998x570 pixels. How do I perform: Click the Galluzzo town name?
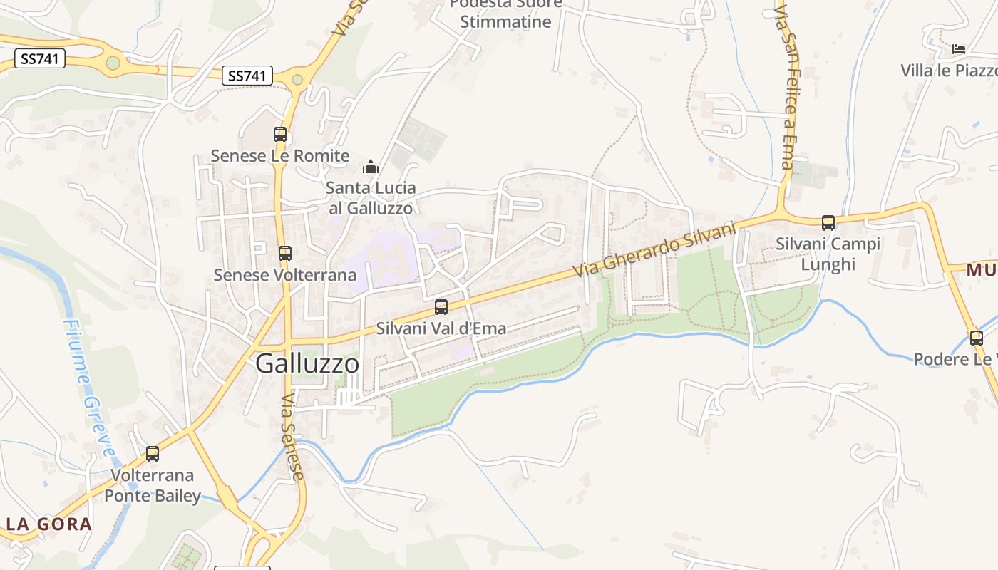[307, 363]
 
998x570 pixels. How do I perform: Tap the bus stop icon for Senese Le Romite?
[280, 134]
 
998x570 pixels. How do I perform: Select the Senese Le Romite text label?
[280, 156]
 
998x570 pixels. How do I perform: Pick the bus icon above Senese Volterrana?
[285, 253]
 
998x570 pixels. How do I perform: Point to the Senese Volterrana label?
[285, 275]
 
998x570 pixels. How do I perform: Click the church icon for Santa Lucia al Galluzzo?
[371, 167]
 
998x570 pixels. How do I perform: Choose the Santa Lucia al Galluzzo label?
[369, 198]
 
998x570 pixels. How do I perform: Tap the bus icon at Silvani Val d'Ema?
[441, 307]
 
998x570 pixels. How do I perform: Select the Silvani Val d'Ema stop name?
[441, 328]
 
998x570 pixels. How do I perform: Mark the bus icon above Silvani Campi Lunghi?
[828, 223]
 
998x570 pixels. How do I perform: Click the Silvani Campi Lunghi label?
[828, 254]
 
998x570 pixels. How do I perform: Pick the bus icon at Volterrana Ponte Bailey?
[152, 453]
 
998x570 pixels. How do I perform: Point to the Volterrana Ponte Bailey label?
[152, 485]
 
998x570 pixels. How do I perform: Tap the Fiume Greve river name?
[88, 388]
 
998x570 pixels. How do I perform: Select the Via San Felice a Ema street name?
[786, 89]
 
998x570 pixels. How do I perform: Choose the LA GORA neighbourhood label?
[49, 524]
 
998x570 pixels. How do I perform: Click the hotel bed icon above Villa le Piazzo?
[959, 49]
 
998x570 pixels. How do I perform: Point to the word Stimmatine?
[505, 21]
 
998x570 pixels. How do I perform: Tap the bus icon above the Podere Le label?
[976, 338]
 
